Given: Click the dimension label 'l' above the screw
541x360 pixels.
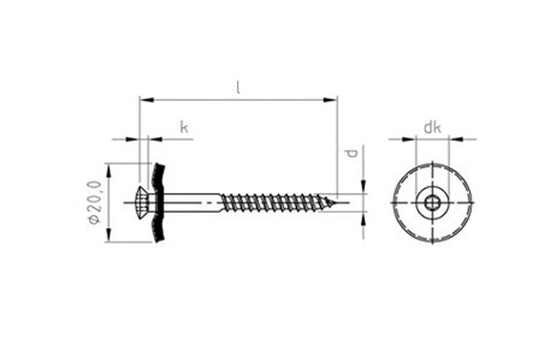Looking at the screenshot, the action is pyautogui.click(x=238, y=87).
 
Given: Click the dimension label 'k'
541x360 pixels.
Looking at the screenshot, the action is pyautogui.click(x=185, y=127).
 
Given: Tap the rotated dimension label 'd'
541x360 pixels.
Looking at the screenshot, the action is pyautogui.click(x=352, y=152).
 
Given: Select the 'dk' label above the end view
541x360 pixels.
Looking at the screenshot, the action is pyautogui.click(x=433, y=127).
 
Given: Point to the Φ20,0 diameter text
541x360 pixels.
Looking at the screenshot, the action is pyautogui.click(x=95, y=202).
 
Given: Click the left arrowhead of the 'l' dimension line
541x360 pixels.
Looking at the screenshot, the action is pyautogui.click(x=146, y=100).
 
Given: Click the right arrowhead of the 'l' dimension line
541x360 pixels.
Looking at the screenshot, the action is pyautogui.click(x=330, y=100).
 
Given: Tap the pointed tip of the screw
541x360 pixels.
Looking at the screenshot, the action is pyautogui.click(x=334, y=202).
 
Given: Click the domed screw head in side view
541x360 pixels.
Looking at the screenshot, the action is pyautogui.click(x=143, y=202).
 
